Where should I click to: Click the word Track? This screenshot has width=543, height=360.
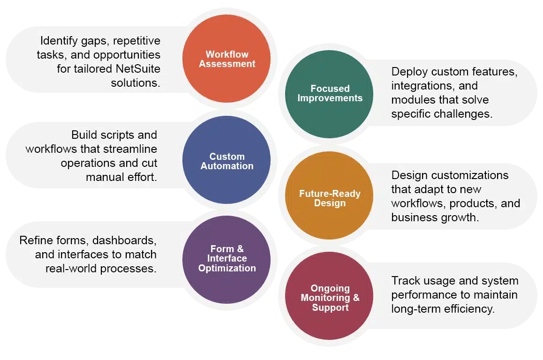405,280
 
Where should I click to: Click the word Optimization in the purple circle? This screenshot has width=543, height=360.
227,268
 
